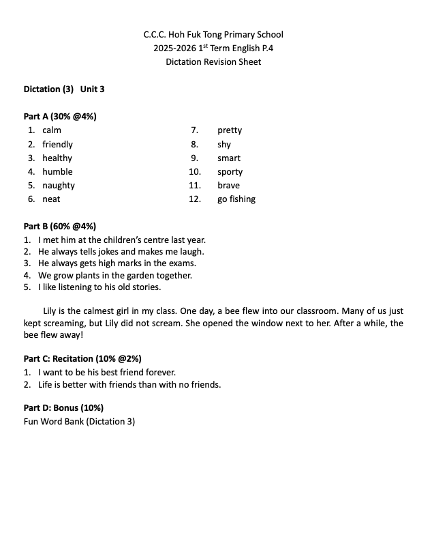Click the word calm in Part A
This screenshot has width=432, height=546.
click(x=52, y=130)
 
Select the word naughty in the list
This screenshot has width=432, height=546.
click(x=59, y=186)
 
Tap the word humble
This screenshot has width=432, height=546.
click(x=57, y=172)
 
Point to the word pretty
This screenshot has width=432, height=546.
click(x=230, y=130)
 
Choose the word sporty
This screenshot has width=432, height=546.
click(x=230, y=172)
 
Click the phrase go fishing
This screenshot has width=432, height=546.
click(x=236, y=199)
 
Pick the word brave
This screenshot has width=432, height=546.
click(x=229, y=186)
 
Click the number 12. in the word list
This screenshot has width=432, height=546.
click(x=195, y=199)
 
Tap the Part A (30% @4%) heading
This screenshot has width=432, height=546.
click(x=60, y=116)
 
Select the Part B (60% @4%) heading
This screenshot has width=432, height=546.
click(x=60, y=226)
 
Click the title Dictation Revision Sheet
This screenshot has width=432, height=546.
click(x=213, y=62)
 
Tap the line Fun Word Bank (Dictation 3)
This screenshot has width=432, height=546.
click(x=79, y=422)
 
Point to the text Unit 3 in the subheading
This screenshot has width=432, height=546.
click(x=93, y=89)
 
